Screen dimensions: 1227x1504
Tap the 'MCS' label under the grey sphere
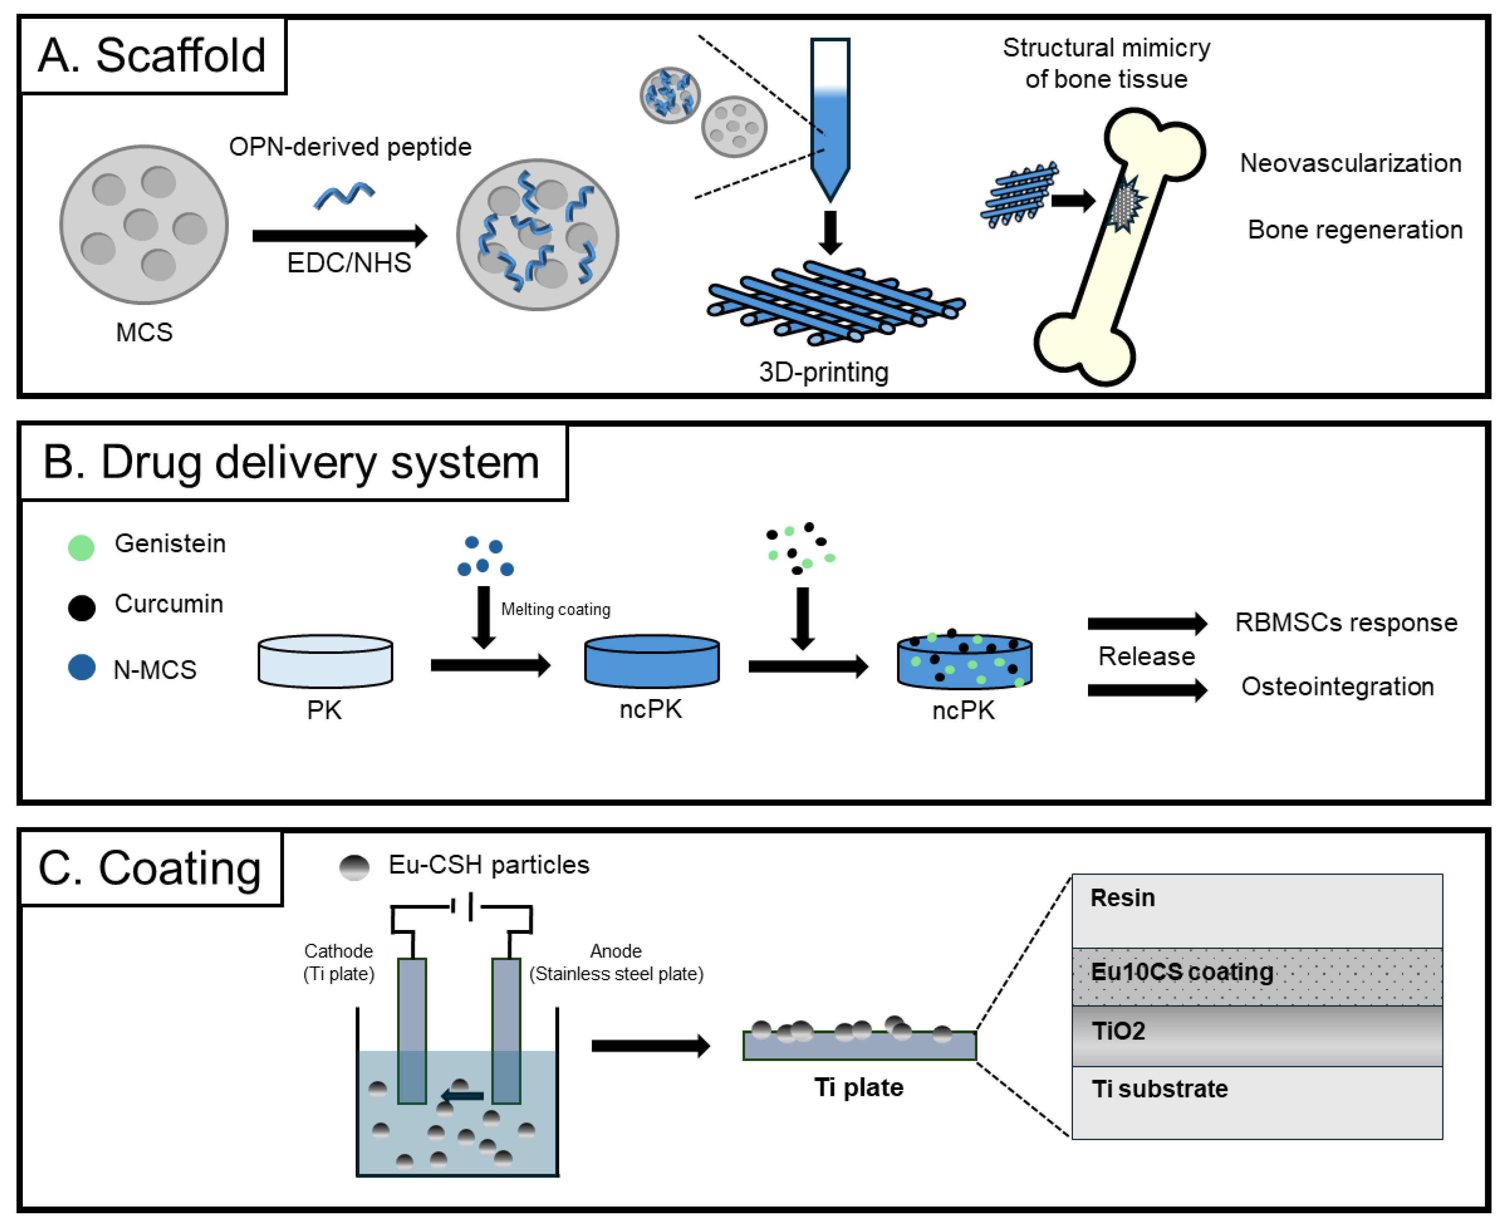coord(144,332)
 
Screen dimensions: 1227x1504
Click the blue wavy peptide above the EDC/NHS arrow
coord(344,195)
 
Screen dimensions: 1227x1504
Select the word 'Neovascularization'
coord(1350,163)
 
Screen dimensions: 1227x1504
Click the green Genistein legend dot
coord(81,546)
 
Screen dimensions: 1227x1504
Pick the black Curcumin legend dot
coord(81,607)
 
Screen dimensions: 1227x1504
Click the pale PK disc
coord(325,662)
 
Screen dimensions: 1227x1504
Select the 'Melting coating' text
coord(556,609)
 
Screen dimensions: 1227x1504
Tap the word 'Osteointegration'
coord(1337,686)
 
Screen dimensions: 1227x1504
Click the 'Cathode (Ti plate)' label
coord(339,962)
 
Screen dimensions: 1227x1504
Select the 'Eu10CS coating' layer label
coord(1182,972)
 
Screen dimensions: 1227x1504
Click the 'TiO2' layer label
coord(1118,1031)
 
